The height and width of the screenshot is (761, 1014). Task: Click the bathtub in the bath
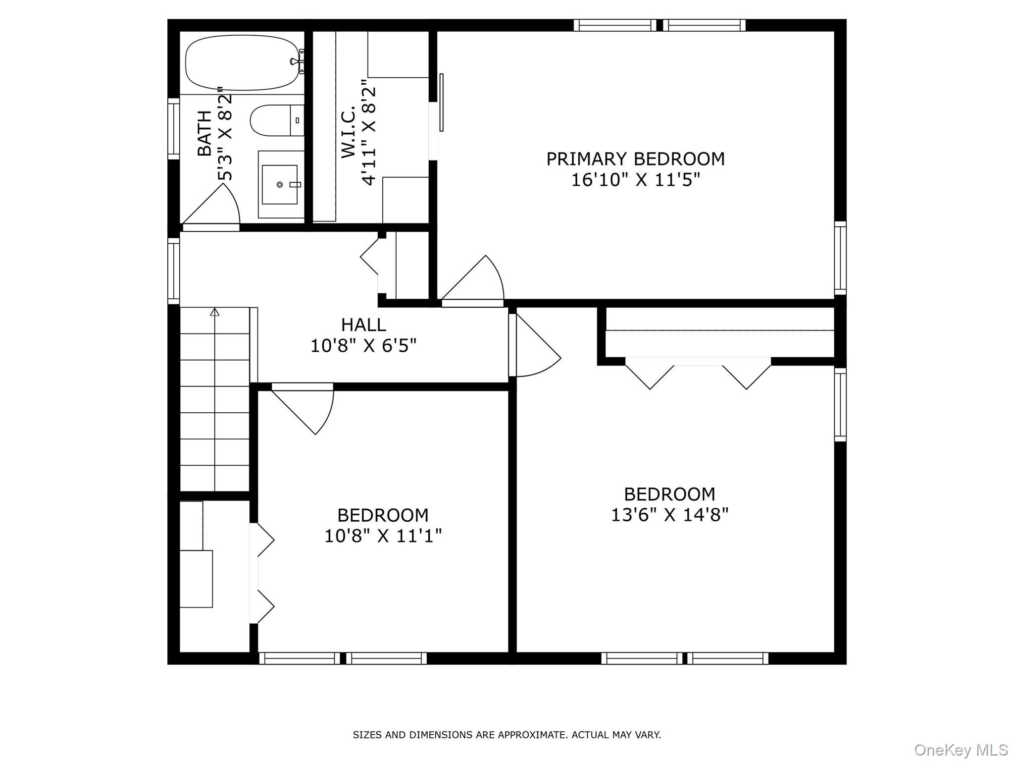coord(243,63)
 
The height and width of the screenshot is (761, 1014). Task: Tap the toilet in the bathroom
coord(272,120)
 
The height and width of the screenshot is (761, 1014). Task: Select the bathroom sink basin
coord(279,184)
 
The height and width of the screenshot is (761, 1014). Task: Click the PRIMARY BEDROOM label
coord(635,159)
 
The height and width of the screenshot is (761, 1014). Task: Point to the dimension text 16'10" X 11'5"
coord(635,180)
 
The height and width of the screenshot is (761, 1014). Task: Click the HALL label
coord(363,325)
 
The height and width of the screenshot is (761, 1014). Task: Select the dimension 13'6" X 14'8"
coord(669,515)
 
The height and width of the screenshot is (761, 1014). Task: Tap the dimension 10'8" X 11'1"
coord(383,536)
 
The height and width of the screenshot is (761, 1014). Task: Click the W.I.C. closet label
coord(349,131)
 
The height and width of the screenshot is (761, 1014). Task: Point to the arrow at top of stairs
coord(214,312)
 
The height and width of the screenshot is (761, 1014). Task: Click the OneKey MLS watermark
coord(961,750)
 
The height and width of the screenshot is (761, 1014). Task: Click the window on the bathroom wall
coord(173,129)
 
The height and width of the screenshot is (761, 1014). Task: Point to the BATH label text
coord(204,134)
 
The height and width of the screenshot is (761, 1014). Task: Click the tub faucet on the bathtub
coord(298,61)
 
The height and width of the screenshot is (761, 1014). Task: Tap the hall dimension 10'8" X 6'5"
coord(363,346)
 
